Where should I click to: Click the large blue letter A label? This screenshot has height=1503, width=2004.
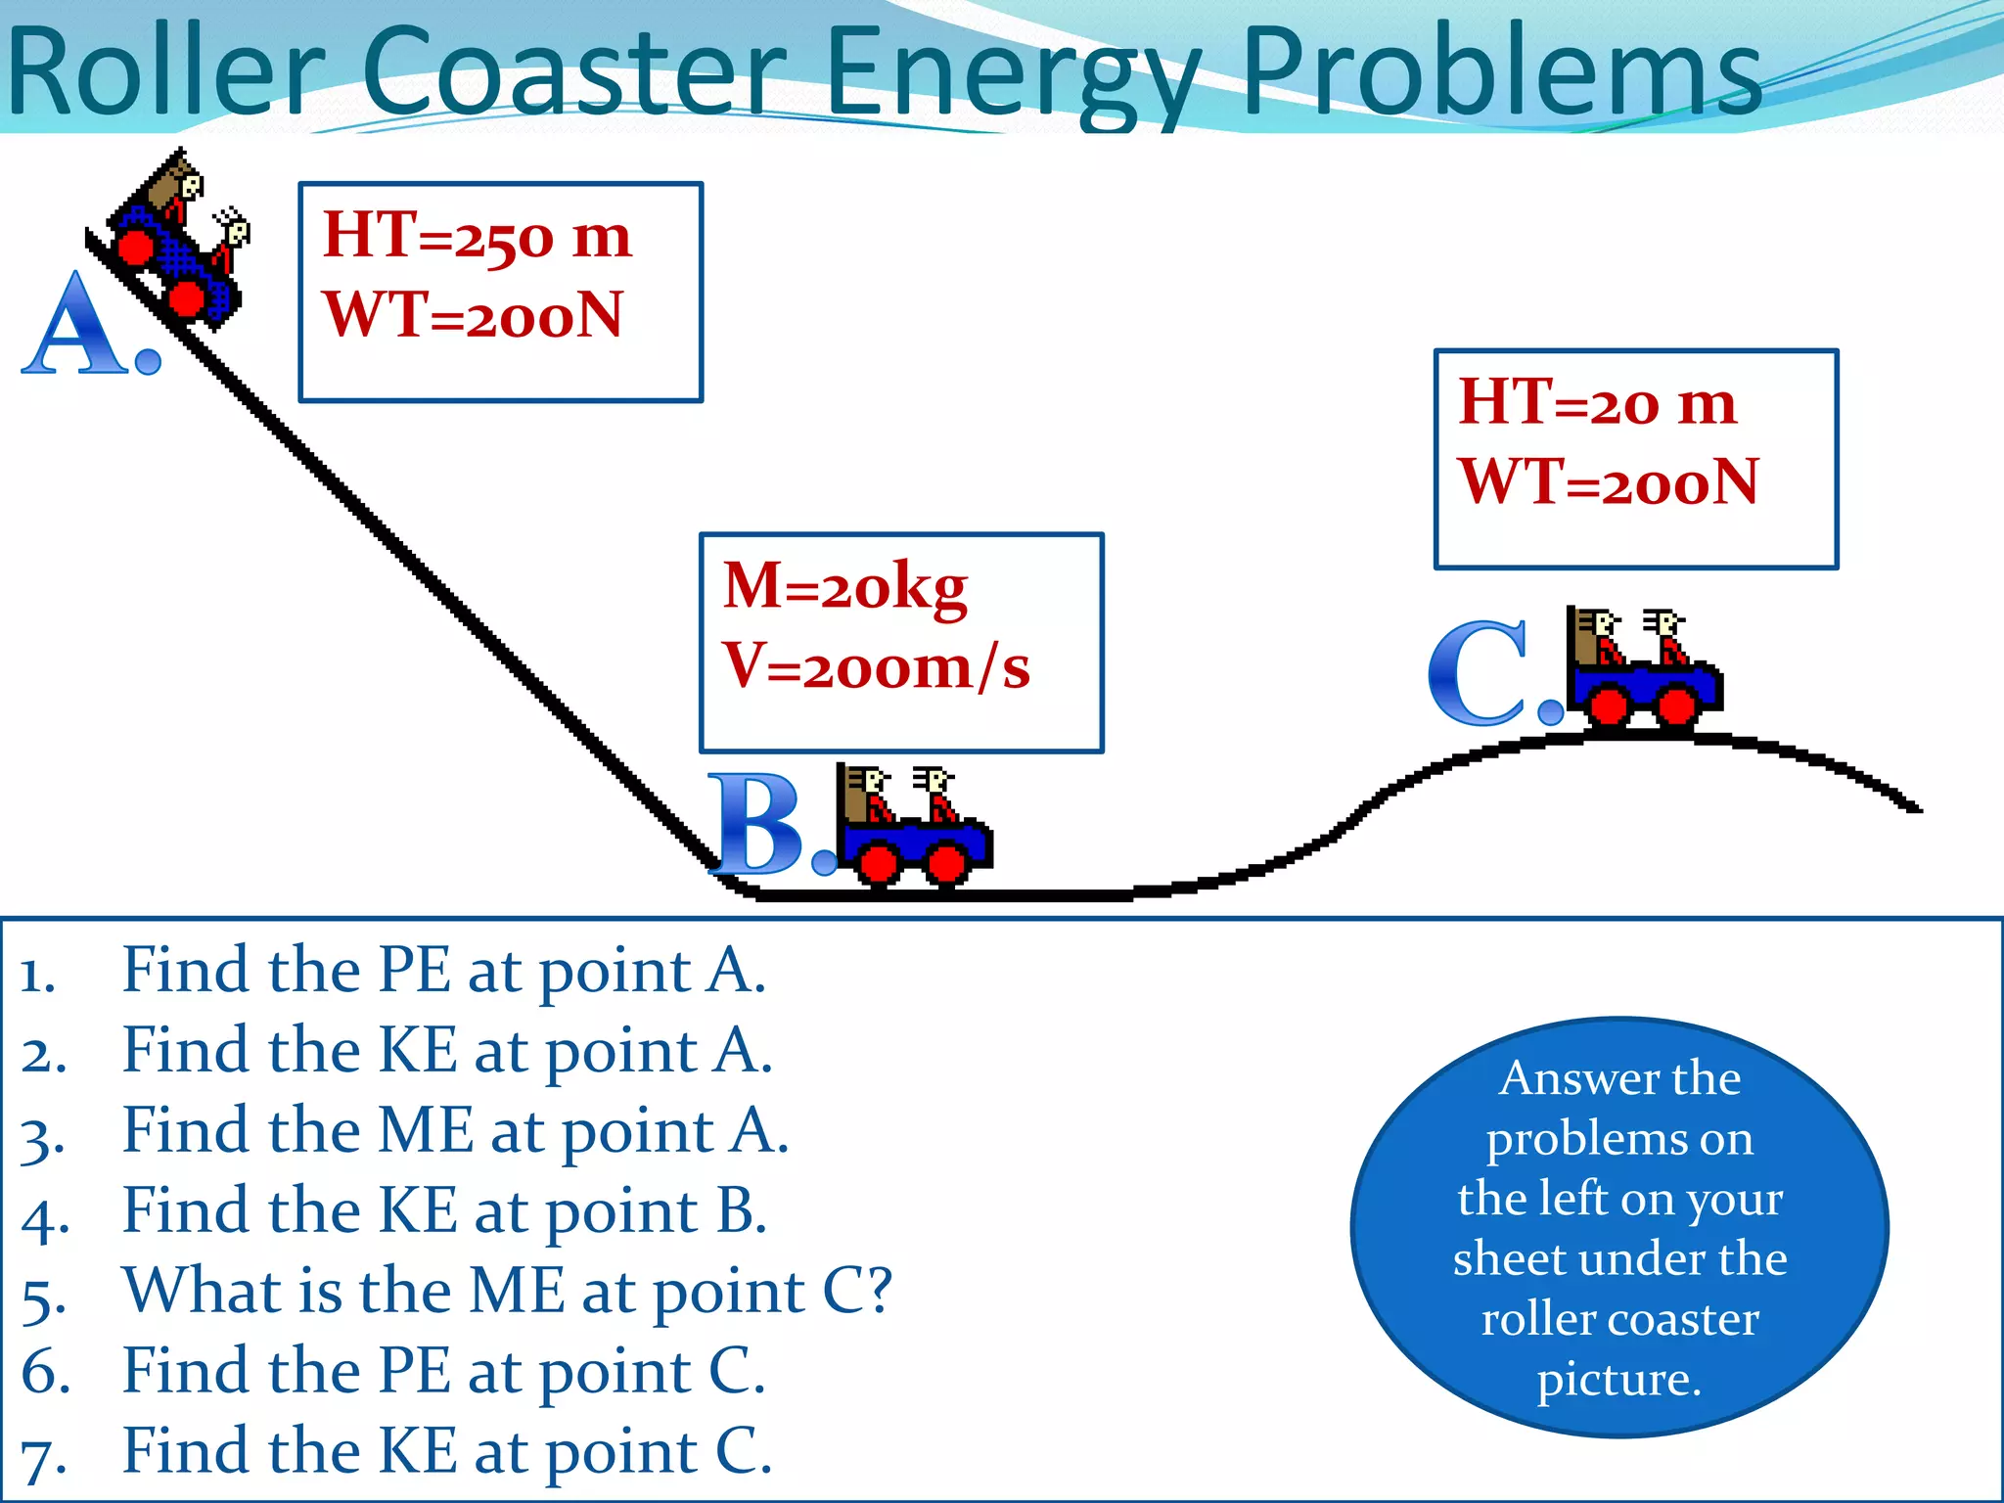coord(78,325)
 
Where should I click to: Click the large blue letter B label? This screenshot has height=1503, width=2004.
coord(761,824)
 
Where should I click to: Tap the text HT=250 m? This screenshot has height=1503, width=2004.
coord(478,236)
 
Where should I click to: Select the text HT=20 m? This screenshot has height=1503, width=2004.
coord(1597,402)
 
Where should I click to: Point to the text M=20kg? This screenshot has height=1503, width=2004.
coord(844,586)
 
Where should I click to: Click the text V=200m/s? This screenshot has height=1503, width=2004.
coord(876,666)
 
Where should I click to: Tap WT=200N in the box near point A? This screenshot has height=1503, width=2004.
coord(474,315)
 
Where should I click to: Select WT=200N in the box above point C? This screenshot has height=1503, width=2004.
coord(1609,482)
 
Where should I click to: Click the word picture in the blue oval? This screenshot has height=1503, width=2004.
coord(1618,1381)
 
